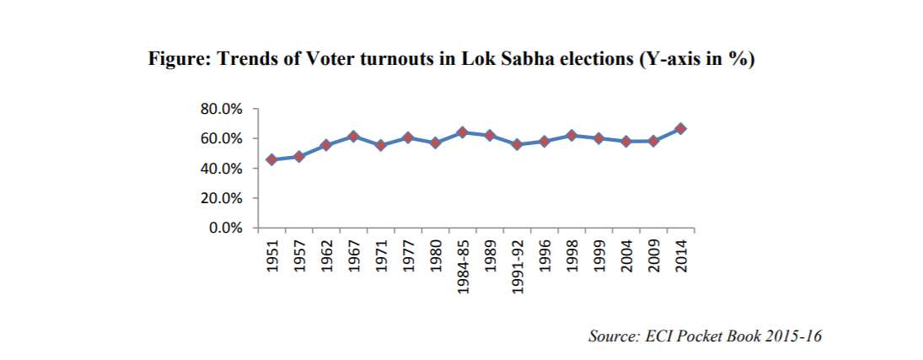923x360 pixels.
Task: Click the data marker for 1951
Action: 271,159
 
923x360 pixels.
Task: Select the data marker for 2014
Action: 680,128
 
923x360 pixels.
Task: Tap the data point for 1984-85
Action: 462,132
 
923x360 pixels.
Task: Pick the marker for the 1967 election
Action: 353,136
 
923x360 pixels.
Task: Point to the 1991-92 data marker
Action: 517,145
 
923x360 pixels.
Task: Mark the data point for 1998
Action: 572,135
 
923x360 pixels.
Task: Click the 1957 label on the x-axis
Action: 299,255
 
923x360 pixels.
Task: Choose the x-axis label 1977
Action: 408,255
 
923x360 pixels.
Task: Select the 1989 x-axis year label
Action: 490,255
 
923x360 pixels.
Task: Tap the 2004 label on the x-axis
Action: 626,255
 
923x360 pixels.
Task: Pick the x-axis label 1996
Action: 545,255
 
